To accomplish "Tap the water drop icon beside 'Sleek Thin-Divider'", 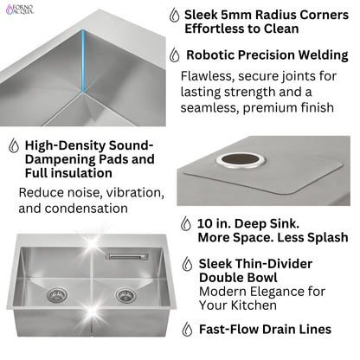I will tap(187, 264).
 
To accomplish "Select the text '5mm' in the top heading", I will tap(246, 15).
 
